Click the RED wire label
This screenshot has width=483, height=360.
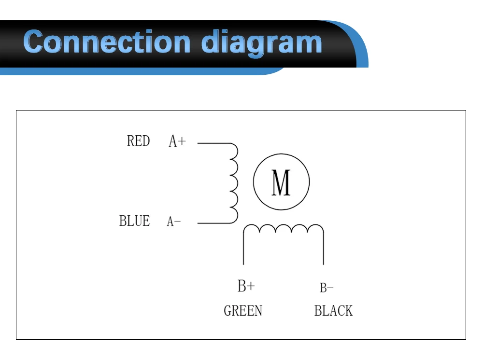pos(138,141)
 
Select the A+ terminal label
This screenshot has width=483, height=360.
pos(177,141)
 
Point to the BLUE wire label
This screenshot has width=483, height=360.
pos(134,221)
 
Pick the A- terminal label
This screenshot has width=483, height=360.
pos(174,222)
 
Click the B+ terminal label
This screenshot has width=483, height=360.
pos(246,286)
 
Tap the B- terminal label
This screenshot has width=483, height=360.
pos(327,288)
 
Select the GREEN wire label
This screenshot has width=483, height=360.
pos(243,311)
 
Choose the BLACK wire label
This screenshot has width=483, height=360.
pos(333,311)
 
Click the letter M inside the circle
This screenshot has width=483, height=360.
pos(281,182)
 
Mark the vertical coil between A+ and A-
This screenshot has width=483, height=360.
pos(234,183)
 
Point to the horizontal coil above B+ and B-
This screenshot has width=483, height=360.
pos(284,229)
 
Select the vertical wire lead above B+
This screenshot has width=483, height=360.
pos(243,249)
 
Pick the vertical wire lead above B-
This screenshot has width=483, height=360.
pos(323,249)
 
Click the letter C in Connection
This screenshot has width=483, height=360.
pos(36,42)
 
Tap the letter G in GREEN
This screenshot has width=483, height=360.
pos(227,311)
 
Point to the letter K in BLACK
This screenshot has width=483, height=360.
pos(349,311)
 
